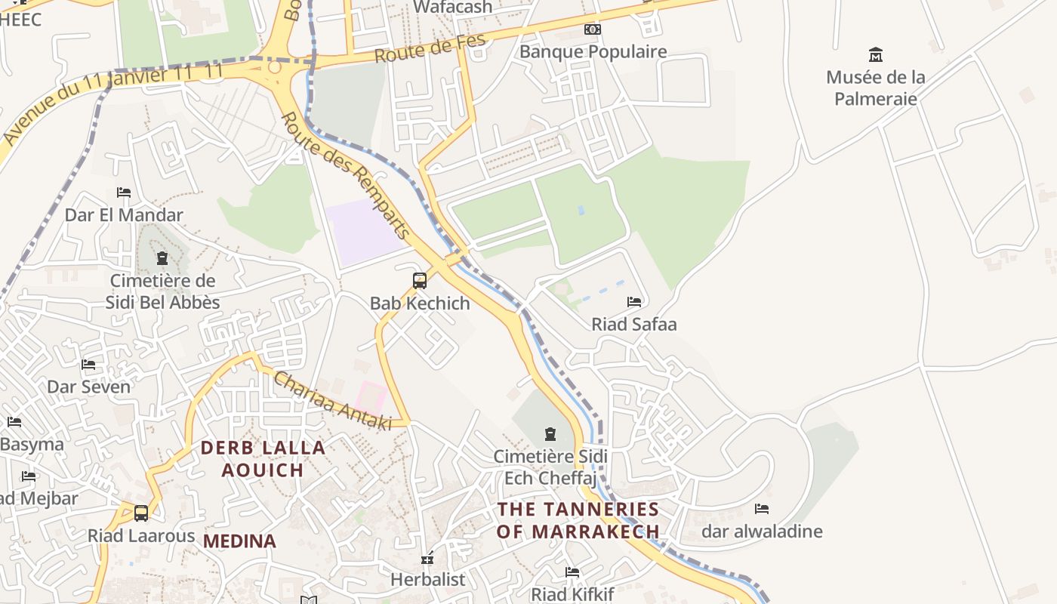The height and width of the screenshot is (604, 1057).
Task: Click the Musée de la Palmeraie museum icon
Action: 876,55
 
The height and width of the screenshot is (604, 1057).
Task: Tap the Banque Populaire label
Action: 593,51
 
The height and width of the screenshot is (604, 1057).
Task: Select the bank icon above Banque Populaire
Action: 593,29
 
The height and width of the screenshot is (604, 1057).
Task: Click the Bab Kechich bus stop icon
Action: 420,281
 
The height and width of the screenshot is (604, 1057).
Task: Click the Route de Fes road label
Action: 430,50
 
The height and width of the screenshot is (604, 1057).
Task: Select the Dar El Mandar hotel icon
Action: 124,193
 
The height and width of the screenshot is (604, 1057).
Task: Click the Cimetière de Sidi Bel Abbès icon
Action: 162,259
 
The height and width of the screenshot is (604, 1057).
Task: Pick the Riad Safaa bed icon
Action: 634,302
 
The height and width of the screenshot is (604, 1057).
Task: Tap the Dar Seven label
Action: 88,387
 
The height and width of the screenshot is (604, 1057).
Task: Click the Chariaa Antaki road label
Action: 332,401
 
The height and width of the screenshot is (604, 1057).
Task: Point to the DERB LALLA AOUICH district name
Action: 263,458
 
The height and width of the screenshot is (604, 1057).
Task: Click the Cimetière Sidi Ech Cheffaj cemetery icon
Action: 550,434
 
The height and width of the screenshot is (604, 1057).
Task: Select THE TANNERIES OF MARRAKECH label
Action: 578,520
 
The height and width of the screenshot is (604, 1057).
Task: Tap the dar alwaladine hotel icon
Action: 762,509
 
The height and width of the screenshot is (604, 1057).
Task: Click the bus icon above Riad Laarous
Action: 141,513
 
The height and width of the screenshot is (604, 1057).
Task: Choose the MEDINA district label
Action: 239,541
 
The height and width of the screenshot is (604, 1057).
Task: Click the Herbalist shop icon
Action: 427,559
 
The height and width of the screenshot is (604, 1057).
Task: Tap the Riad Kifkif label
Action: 572,594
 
